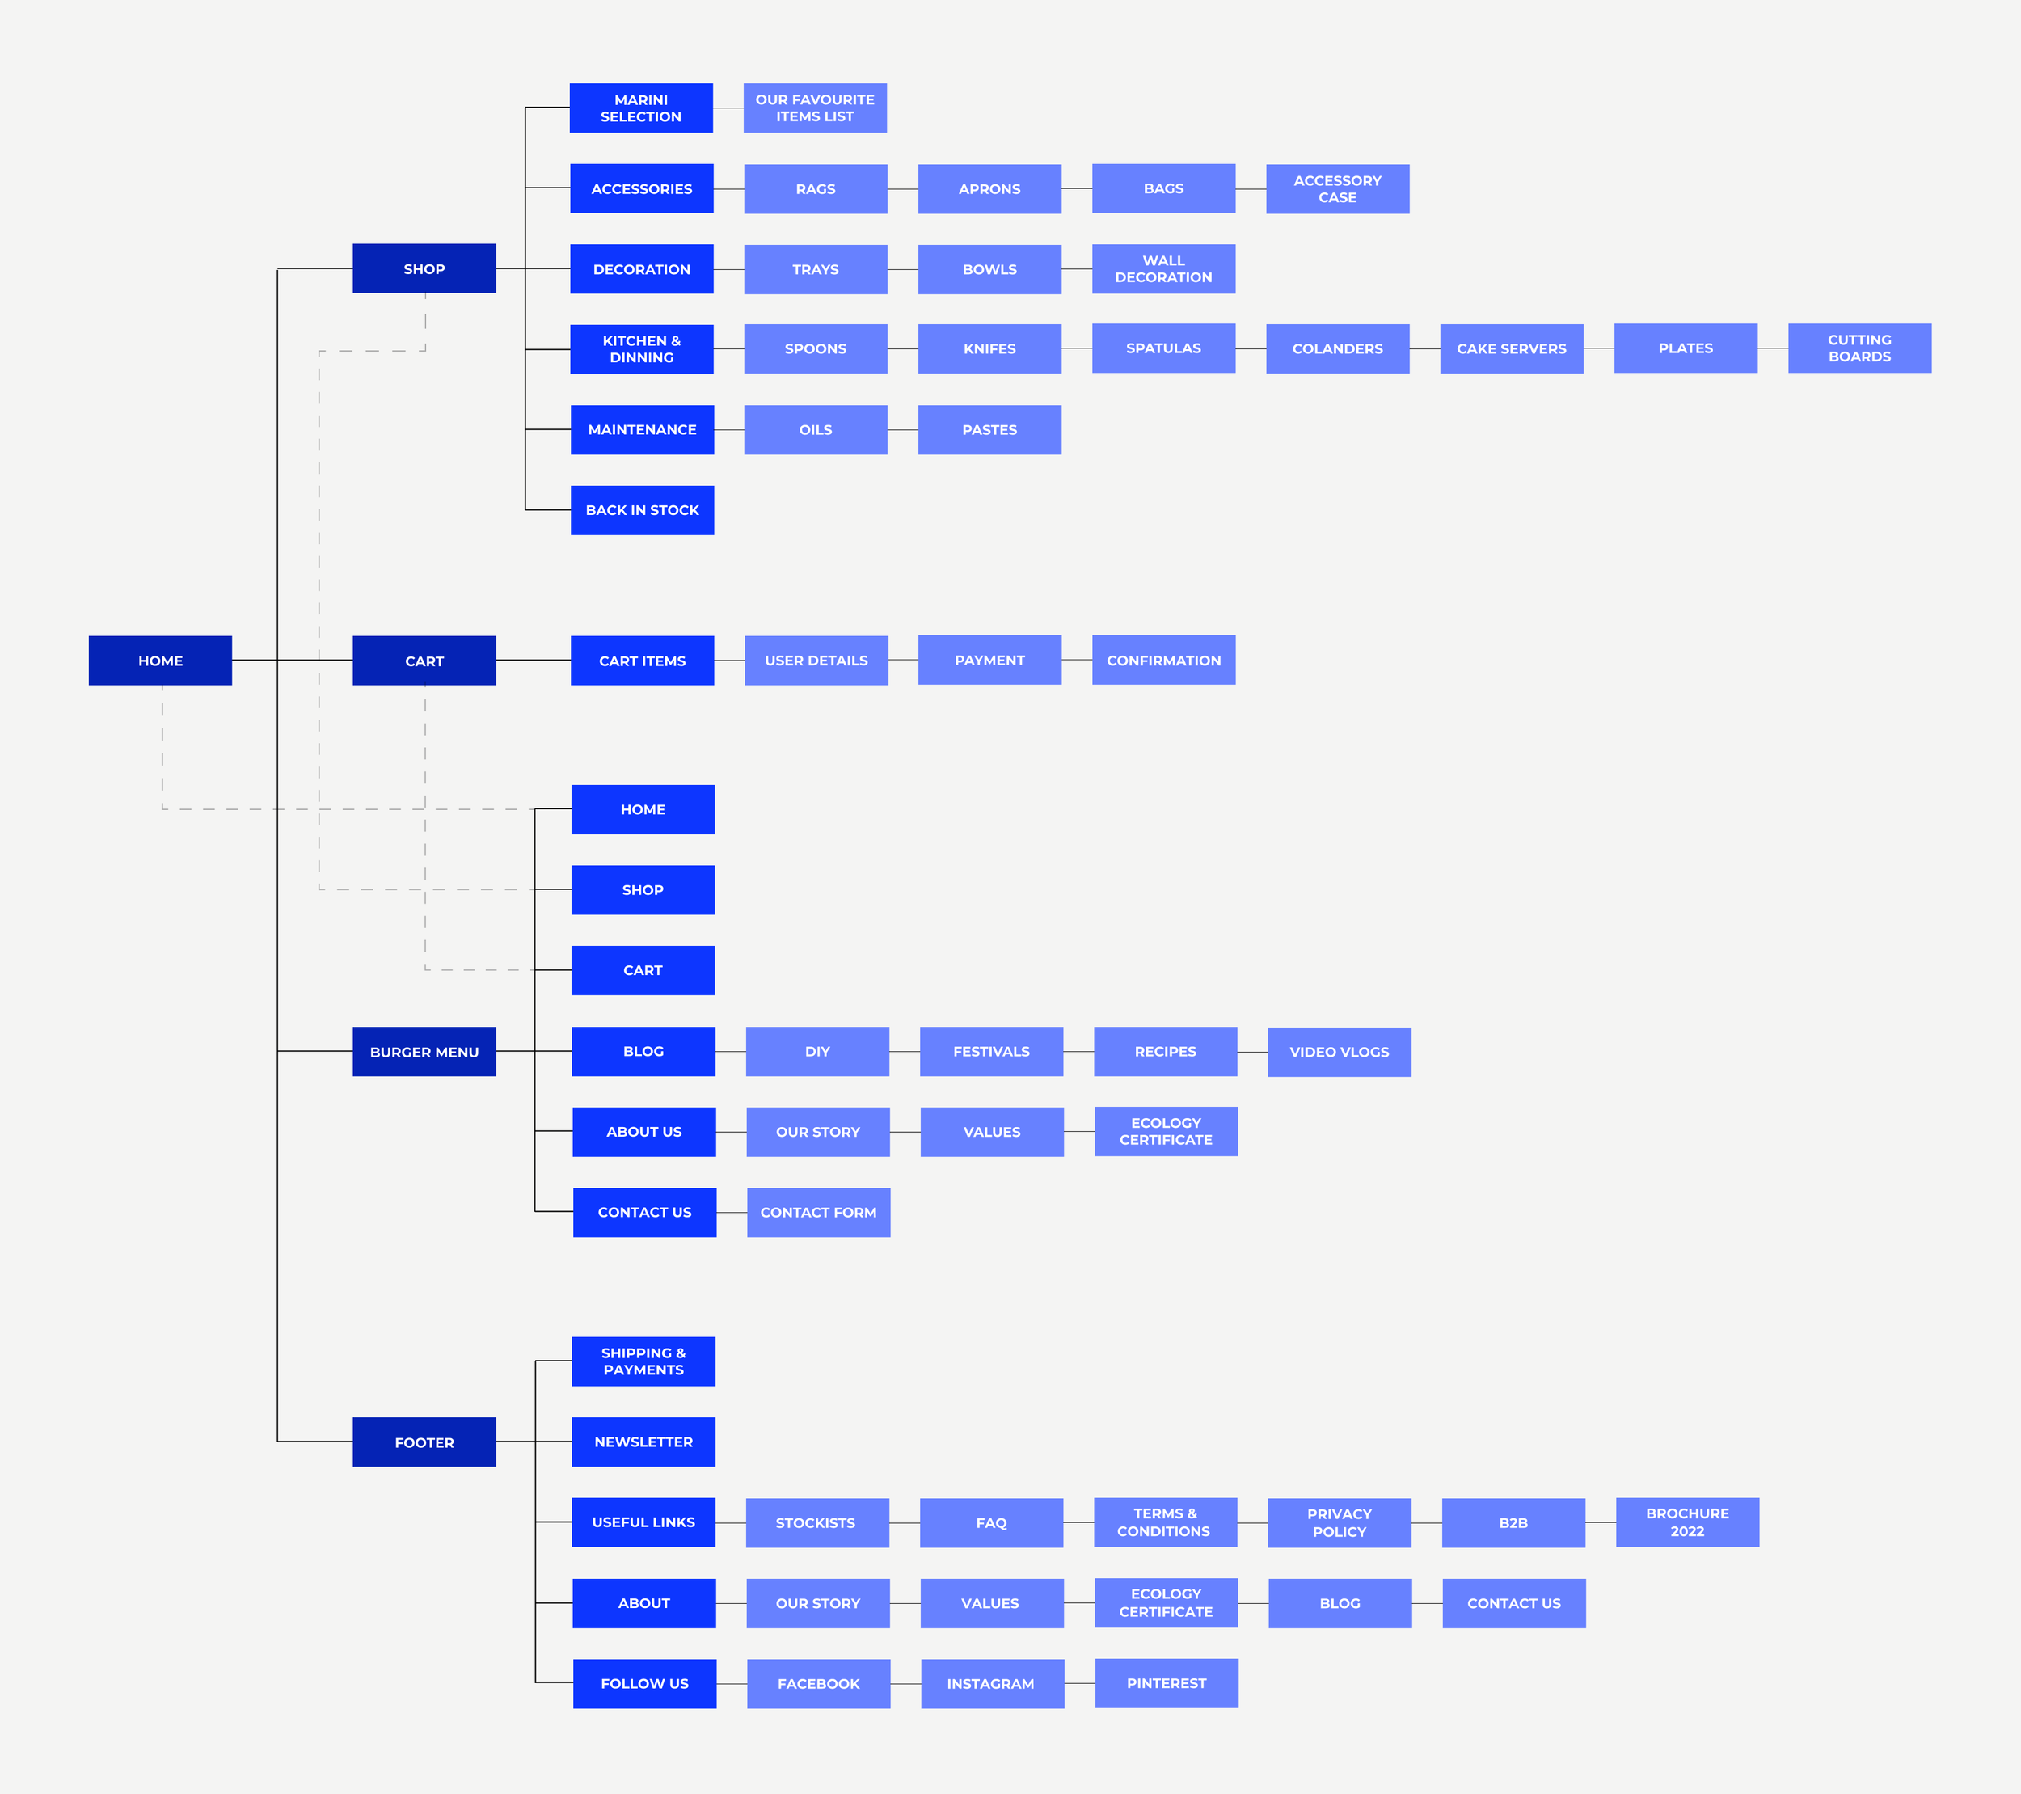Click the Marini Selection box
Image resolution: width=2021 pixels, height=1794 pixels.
(641, 108)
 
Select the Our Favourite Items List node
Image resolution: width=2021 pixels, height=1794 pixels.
(815, 108)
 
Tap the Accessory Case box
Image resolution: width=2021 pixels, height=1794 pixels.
(1337, 189)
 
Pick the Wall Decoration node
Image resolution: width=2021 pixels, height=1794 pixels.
(1162, 269)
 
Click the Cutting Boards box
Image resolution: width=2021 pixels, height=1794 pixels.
(1859, 348)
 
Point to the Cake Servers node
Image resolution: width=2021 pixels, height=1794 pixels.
(1511, 349)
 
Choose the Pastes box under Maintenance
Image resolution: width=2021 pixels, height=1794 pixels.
(989, 430)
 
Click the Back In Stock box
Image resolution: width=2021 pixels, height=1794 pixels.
(642, 510)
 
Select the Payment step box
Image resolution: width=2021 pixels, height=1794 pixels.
(989, 660)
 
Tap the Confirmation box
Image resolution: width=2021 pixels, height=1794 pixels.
(1162, 660)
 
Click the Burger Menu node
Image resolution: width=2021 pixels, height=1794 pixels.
(424, 1051)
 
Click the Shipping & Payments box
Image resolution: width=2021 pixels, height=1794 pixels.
(643, 1361)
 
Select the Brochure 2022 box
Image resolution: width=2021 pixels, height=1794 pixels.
(1687, 1522)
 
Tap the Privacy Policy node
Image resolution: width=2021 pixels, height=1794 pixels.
(1339, 1522)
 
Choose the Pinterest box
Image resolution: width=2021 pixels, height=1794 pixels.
(1166, 1683)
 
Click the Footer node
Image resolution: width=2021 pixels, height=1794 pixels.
(424, 1442)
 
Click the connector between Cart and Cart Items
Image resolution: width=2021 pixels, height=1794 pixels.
(533, 661)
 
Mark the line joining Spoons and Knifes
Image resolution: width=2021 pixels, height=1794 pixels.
(903, 349)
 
